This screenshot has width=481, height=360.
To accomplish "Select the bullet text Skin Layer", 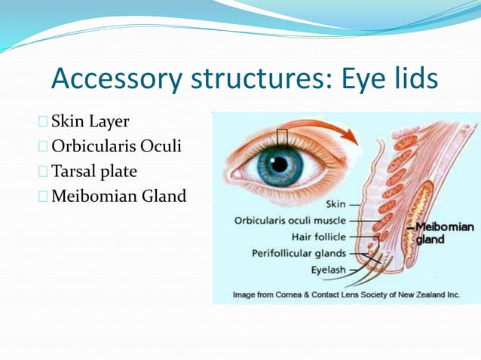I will [90, 121].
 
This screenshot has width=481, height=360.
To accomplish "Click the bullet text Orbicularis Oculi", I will [117, 146].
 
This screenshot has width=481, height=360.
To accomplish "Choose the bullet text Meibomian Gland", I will [118, 196].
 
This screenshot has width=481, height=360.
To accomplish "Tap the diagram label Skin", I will [336, 204].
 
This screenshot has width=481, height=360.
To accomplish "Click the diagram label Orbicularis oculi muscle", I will [290, 221].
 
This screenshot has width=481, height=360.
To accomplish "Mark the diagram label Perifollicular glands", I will [299, 253].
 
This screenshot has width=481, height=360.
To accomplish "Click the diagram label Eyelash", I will [329, 269].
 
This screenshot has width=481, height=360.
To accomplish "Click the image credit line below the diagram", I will [346, 294].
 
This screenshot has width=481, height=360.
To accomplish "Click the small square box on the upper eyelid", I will [283, 137].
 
